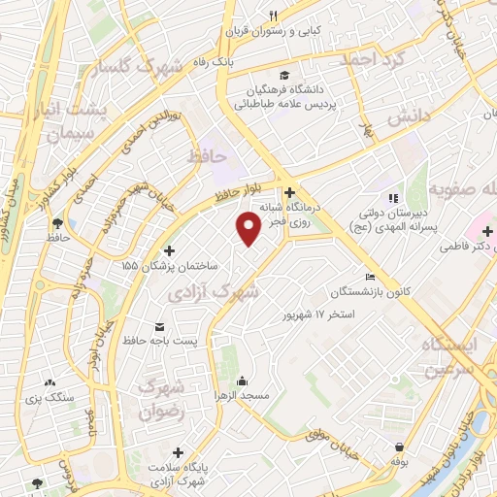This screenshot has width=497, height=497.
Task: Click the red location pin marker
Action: [x=249, y=229]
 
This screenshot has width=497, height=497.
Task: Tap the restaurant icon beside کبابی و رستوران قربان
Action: [x=273, y=16]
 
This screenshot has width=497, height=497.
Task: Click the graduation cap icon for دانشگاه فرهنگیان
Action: [x=284, y=76]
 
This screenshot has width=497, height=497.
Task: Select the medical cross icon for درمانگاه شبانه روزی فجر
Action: [x=289, y=192]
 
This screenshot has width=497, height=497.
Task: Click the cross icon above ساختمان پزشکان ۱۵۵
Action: [x=170, y=250]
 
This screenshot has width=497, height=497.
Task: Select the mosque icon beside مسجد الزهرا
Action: [x=242, y=381]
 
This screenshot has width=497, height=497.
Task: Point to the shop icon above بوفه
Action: [x=400, y=447]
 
